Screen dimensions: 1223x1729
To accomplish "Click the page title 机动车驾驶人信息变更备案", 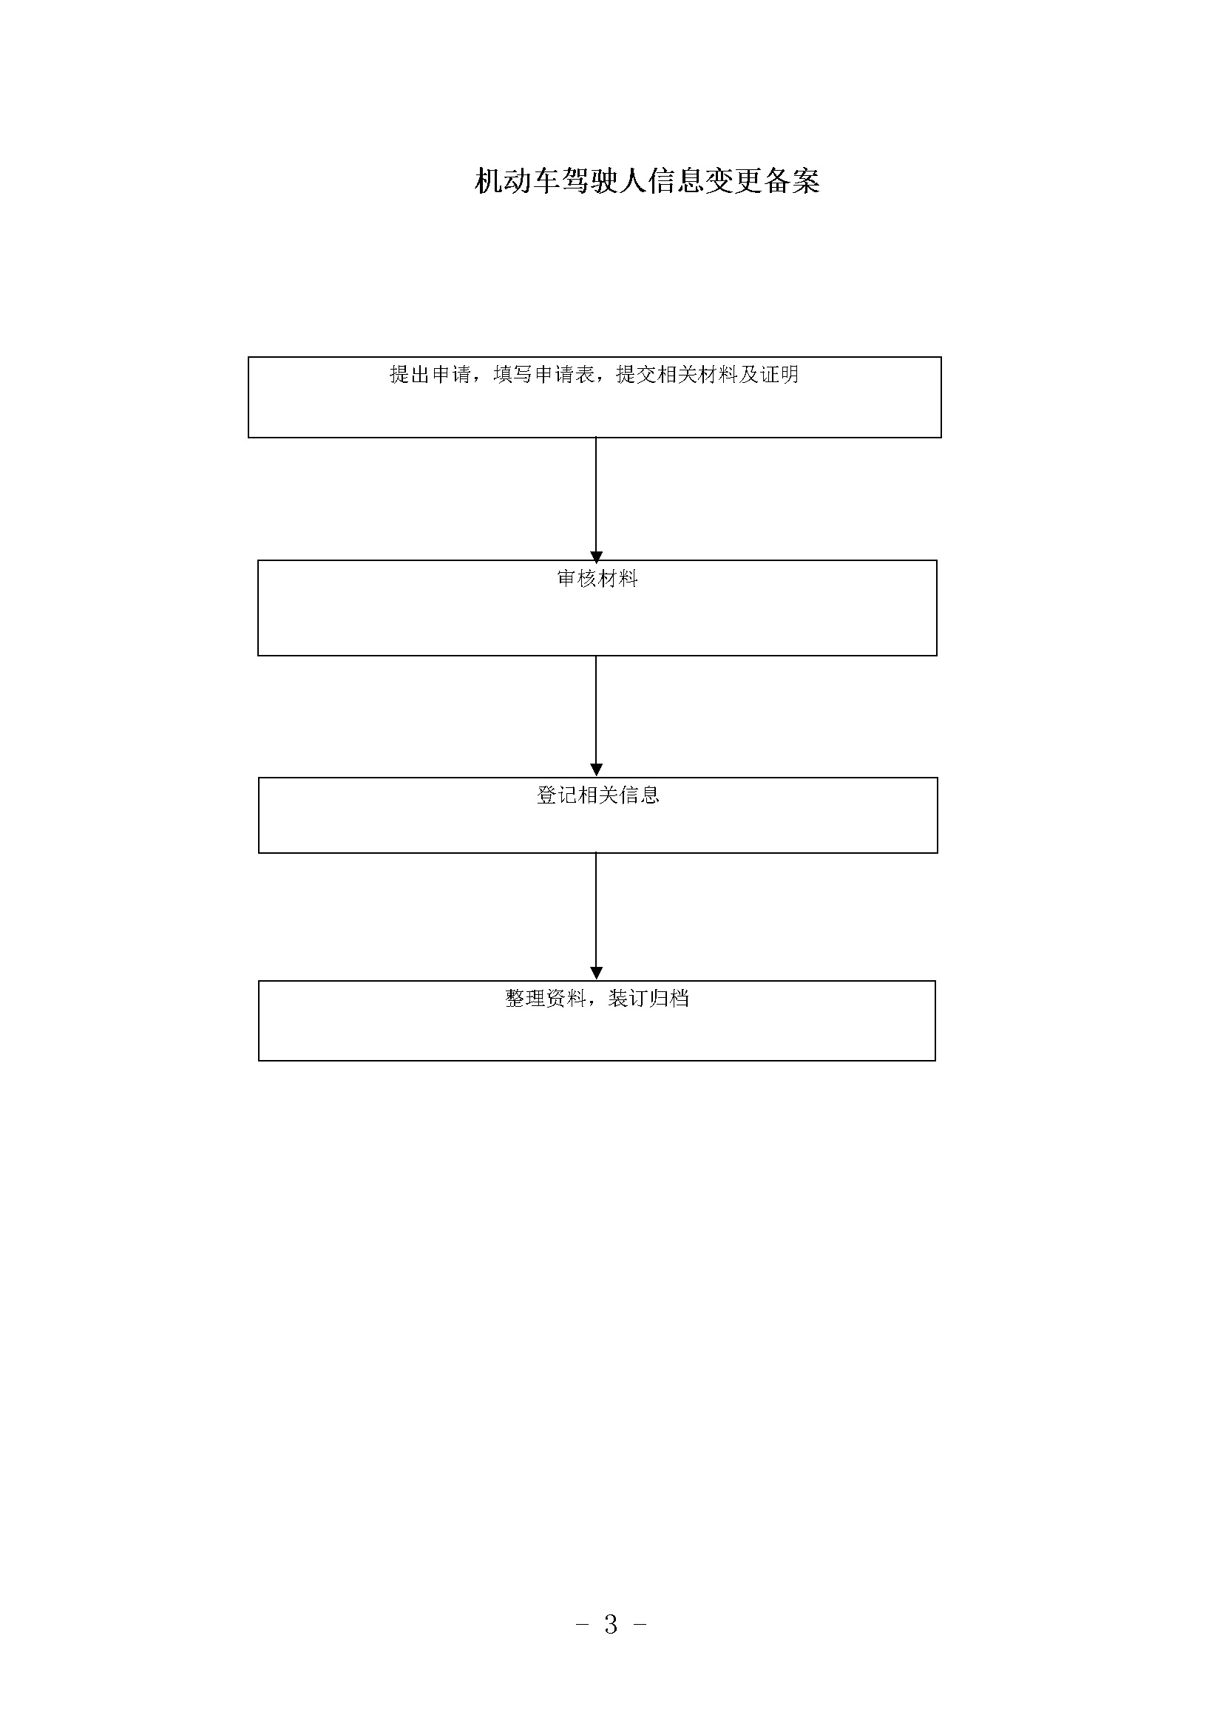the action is pos(647,180).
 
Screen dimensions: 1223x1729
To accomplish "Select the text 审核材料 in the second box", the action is pos(597,578).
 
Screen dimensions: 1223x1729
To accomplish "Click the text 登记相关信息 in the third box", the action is pos(598,795).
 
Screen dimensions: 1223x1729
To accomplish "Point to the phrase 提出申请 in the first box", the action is pos(430,374).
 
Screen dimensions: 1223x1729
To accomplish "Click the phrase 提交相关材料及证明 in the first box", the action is pos(707,374).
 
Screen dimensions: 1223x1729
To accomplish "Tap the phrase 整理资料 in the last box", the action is pos(545,999).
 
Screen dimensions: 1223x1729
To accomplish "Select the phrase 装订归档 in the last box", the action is pos(648,999).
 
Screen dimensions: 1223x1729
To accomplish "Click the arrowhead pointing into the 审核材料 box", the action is pos(597,558).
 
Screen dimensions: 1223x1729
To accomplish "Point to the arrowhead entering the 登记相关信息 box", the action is pos(597,770).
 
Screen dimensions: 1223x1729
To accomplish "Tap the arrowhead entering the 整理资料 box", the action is pos(597,973).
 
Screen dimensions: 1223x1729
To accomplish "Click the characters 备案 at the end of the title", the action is pos(791,180).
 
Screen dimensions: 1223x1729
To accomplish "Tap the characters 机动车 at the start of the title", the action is pos(518,180).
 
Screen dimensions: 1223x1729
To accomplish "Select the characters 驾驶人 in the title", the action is pos(604,180).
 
